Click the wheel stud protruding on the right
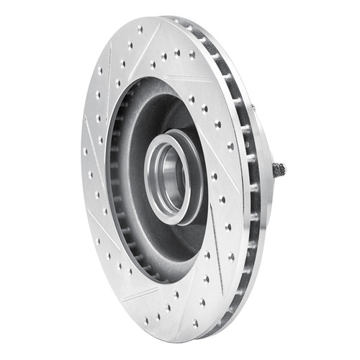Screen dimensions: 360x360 (x=279, y=170)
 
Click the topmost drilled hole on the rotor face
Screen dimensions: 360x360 (x=140, y=30)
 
